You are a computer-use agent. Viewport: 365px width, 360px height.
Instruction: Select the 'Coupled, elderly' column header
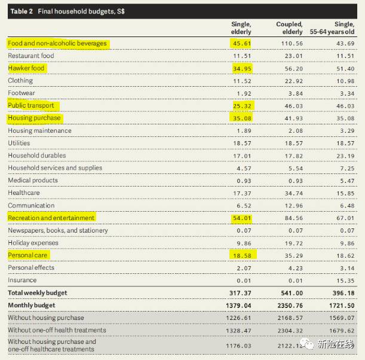point(289,28)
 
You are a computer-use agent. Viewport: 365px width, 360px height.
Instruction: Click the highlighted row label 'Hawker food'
point(26,68)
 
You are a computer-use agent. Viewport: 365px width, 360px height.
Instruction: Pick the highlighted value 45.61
point(241,44)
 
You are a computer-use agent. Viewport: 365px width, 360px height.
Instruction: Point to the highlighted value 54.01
point(241,218)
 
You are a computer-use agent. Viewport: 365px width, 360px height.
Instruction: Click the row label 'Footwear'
point(22,93)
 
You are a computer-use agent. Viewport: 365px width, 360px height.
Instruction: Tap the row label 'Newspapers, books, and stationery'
point(57,230)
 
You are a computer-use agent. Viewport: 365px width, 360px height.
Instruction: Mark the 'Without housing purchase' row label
point(45,318)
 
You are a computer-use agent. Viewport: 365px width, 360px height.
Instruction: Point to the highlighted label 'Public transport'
point(30,106)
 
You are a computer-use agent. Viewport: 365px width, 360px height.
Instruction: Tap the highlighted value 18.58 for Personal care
point(241,255)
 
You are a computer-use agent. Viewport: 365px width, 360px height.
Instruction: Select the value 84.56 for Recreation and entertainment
point(291,218)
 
